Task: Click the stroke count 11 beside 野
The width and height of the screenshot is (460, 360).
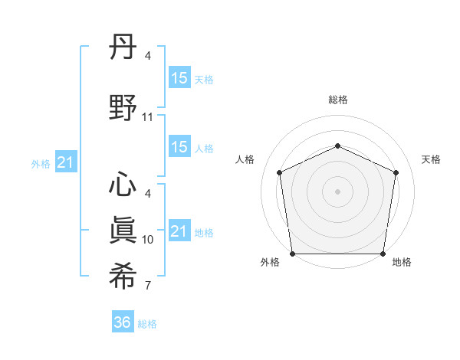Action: click(148, 118)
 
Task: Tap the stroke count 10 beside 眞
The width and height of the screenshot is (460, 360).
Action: click(148, 240)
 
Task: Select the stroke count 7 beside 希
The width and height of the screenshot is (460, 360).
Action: click(148, 286)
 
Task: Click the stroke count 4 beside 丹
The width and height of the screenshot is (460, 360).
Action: click(148, 57)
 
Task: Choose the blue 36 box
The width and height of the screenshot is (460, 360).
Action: click(123, 322)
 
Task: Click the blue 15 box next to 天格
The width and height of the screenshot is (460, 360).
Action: click(179, 77)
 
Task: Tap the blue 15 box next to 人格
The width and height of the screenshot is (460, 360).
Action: click(179, 147)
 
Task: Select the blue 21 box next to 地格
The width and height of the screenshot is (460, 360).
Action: click(179, 231)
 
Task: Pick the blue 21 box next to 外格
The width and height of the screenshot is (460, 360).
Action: click(65, 162)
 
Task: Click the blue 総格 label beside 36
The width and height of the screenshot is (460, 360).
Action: click(147, 324)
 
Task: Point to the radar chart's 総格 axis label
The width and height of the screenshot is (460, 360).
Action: click(337, 100)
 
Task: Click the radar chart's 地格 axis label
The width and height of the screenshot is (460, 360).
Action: click(402, 262)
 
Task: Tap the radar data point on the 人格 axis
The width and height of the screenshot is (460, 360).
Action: click(280, 172)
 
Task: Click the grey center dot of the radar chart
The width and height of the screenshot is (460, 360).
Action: click(337, 191)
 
